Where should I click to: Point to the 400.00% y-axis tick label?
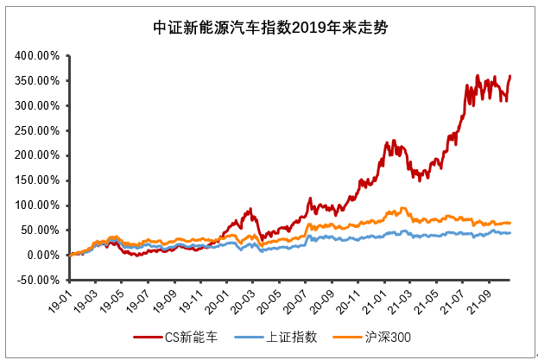36,56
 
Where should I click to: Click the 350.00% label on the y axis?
36,81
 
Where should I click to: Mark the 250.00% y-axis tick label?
36,131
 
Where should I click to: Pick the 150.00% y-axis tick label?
36,181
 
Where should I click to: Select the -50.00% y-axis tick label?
36,281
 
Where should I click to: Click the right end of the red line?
510,76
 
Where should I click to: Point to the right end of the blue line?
510,232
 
